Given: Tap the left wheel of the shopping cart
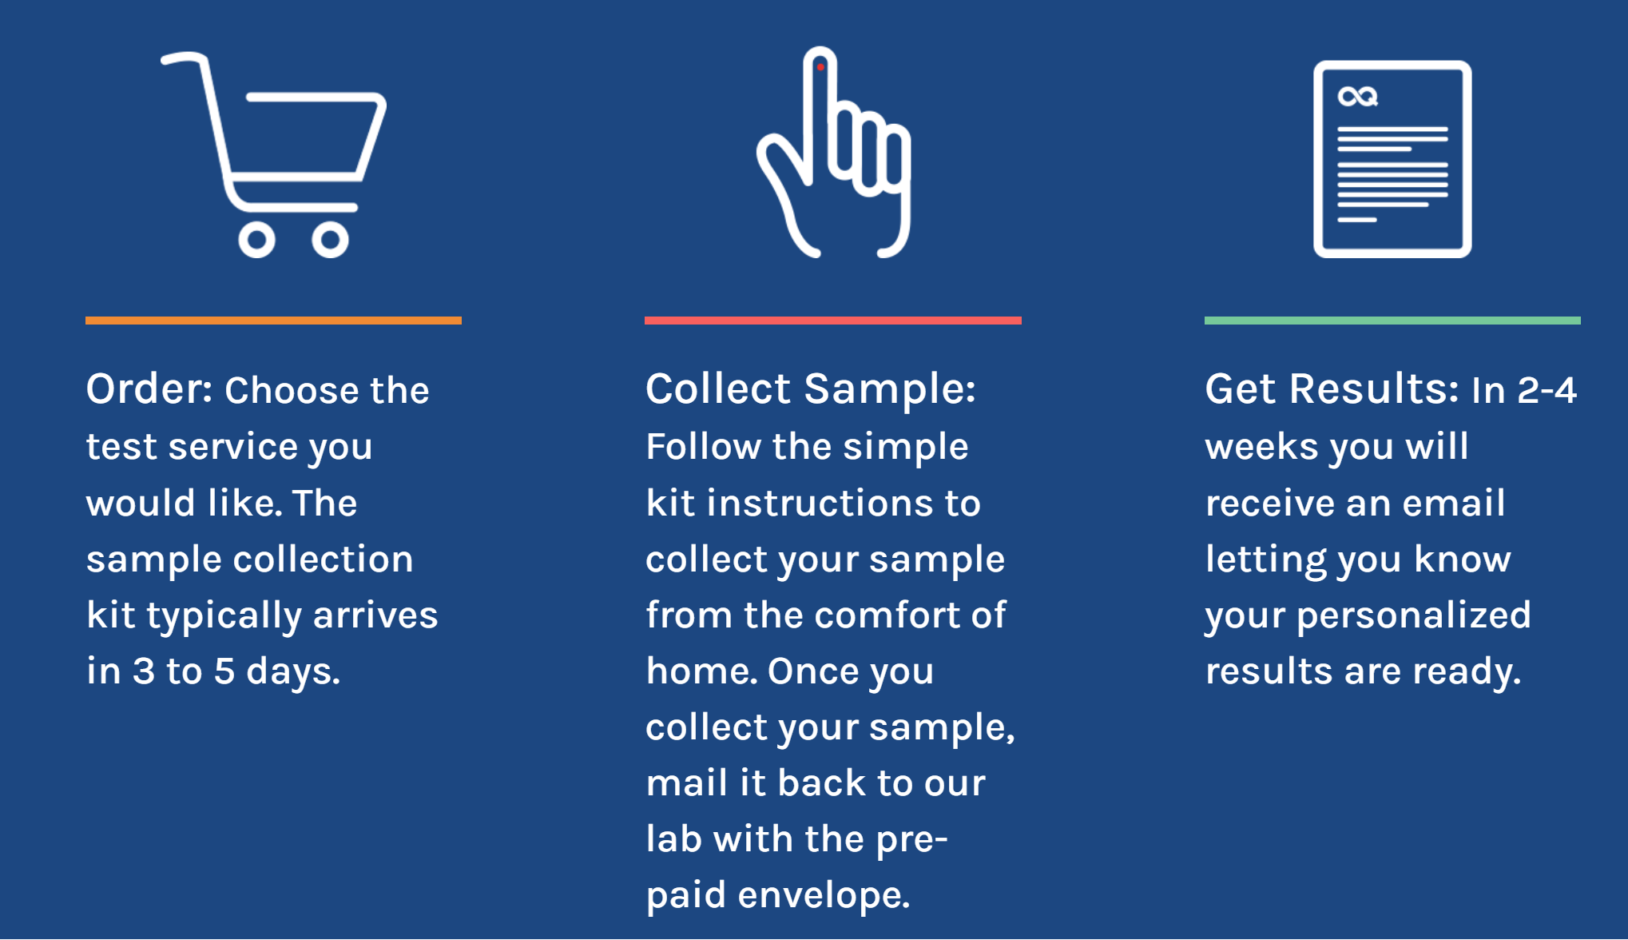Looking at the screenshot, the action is click(x=256, y=240).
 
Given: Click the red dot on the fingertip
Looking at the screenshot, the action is click(x=820, y=67).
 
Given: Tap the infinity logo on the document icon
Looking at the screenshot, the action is click(x=1358, y=97).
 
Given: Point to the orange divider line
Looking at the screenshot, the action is click(x=273, y=321).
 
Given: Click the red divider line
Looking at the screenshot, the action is click(x=833, y=321).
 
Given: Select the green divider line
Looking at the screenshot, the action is click(x=1392, y=321).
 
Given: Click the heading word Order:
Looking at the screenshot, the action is click(x=149, y=389).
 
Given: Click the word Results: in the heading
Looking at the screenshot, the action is click(x=1374, y=389).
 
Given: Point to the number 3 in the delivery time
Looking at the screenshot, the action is click(x=144, y=671).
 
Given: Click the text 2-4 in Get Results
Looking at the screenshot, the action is click(x=1547, y=390).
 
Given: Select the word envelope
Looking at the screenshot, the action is click(x=824, y=895).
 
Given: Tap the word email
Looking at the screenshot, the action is click(x=1454, y=503).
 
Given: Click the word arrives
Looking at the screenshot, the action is click(x=375, y=615).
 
